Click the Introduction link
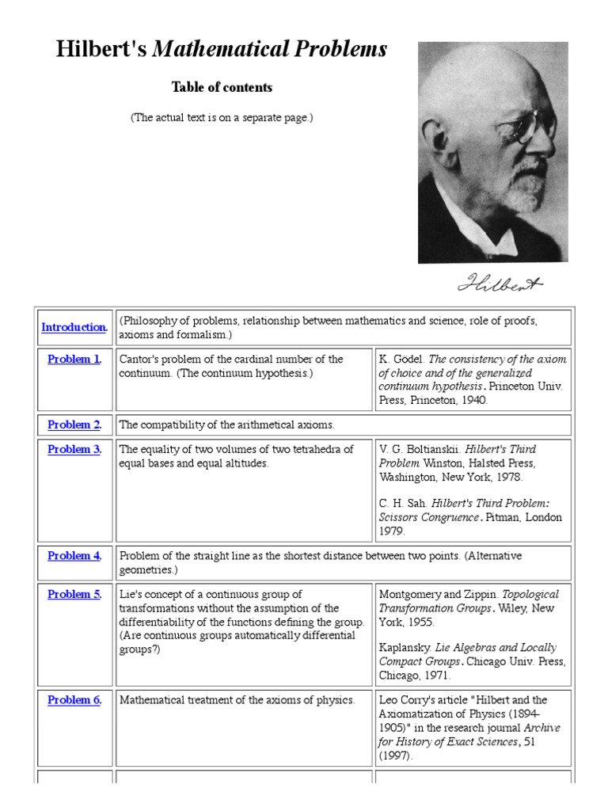coord(74,327)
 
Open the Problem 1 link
coord(74,360)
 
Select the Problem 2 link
coord(74,425)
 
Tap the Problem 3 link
coord(74,450)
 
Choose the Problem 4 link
coord(74,556)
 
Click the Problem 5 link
coord(74,595)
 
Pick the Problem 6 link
coord(74,700)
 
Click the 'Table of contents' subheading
coord(222,88)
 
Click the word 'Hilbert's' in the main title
coord(101,50)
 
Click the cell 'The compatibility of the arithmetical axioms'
coord(226,425)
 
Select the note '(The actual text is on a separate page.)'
coord(222,118)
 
